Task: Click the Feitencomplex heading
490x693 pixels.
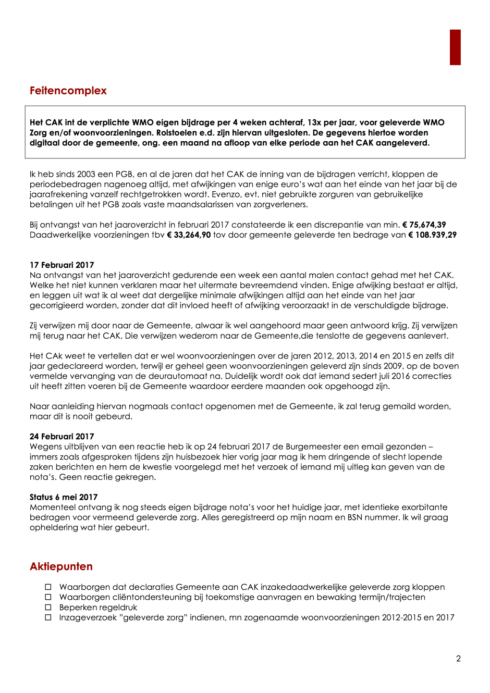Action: (x=68, y=91)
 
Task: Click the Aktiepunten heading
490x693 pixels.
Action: (x=61, y=566)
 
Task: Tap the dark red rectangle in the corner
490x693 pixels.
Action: (x=455, y=47)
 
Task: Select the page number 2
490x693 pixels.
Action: (x=458, y=659)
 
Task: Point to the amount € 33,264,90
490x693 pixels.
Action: (x=189, y=235)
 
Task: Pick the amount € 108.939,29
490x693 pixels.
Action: (x=432, y=235)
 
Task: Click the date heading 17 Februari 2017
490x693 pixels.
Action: (x=62, y=265)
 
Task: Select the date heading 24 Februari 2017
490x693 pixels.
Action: (x=62, y=437)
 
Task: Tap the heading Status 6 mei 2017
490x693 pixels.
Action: (x=63, y=497)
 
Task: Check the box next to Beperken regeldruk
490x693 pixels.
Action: (x=48, y=608)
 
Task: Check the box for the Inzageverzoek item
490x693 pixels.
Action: (x=48, y=617)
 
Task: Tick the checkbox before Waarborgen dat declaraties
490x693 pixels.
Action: (x=48, y=587)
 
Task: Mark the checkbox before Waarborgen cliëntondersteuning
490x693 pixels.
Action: (x=48, y=597)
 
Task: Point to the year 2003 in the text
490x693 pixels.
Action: (x=87, y=175)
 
